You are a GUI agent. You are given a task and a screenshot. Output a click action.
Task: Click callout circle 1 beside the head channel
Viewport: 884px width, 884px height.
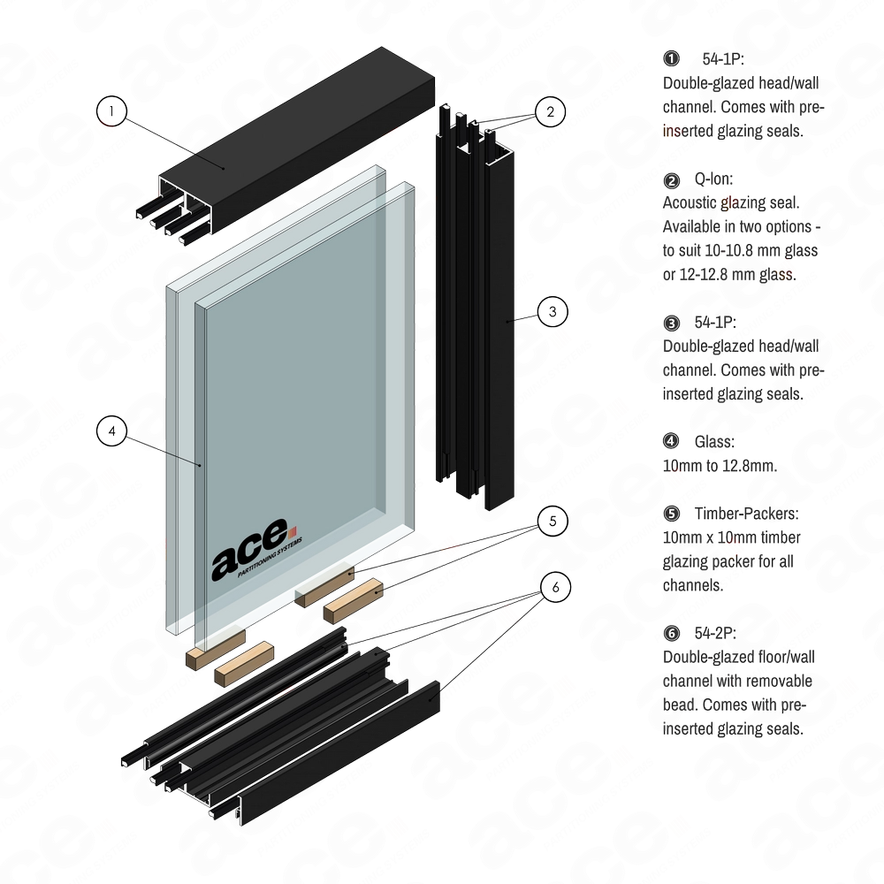tap(112, 110)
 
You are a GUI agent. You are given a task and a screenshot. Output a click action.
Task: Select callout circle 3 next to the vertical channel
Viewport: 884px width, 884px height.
tap(552, 312)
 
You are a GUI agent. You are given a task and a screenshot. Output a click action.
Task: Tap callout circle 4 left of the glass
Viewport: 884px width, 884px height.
tap(112, 431)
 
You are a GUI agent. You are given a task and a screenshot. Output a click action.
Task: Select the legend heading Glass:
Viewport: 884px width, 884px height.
tap(714, 441)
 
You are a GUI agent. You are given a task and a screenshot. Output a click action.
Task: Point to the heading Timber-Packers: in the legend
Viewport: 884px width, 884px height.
tap(747, 514)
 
